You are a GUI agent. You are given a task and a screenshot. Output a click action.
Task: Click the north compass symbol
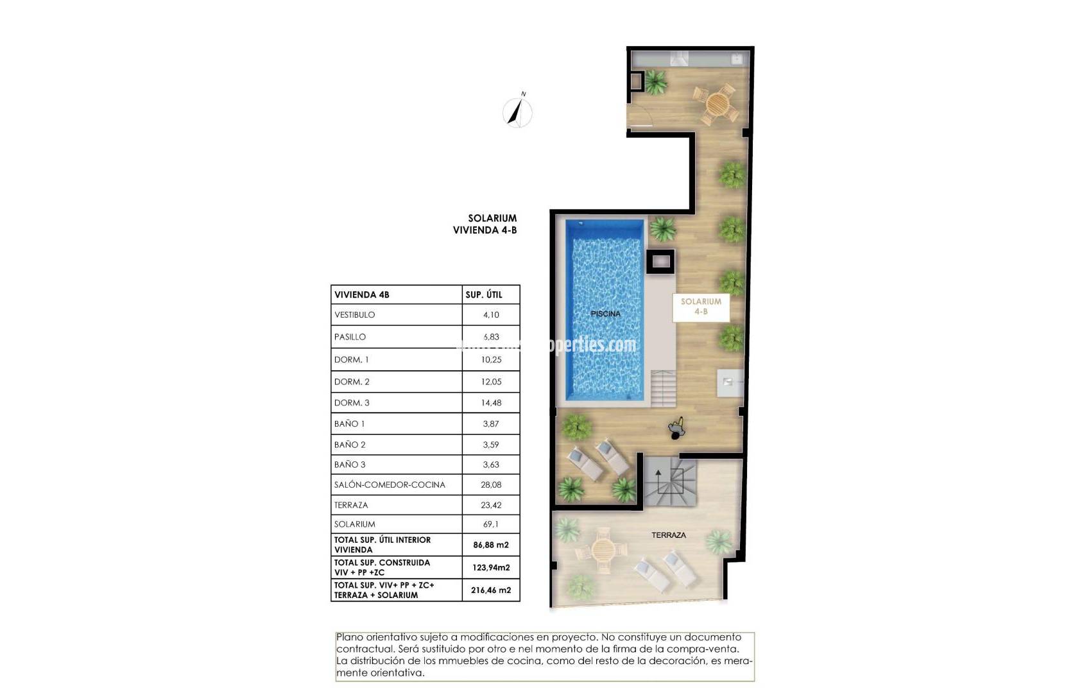pos(517,112)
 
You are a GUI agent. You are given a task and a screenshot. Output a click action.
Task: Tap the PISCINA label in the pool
pos(605,314)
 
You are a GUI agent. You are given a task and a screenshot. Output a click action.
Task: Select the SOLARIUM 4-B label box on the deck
pos(701,307)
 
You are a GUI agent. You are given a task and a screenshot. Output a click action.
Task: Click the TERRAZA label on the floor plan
pos(669,535)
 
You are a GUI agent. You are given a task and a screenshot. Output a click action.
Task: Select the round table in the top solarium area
pos(717,103)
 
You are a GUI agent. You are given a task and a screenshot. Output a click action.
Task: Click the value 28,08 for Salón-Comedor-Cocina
pos(490,485)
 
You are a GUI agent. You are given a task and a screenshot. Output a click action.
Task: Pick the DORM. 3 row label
pos(352,403)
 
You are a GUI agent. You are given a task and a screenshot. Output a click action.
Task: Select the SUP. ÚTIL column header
pos(484,295)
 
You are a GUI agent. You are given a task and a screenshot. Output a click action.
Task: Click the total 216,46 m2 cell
pos(491,590)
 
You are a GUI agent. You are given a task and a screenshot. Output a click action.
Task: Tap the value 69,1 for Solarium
pos(490,524)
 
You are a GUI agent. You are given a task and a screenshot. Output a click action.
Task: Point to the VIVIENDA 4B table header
pos(362,295)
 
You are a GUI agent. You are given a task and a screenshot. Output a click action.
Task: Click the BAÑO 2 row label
pos(350,445)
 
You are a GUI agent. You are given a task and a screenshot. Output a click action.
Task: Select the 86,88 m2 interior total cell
pos(491,545)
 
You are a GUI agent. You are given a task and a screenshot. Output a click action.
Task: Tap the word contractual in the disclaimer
pos(363,649)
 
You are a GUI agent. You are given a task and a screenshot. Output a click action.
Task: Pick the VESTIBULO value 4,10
pos(490,315)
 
